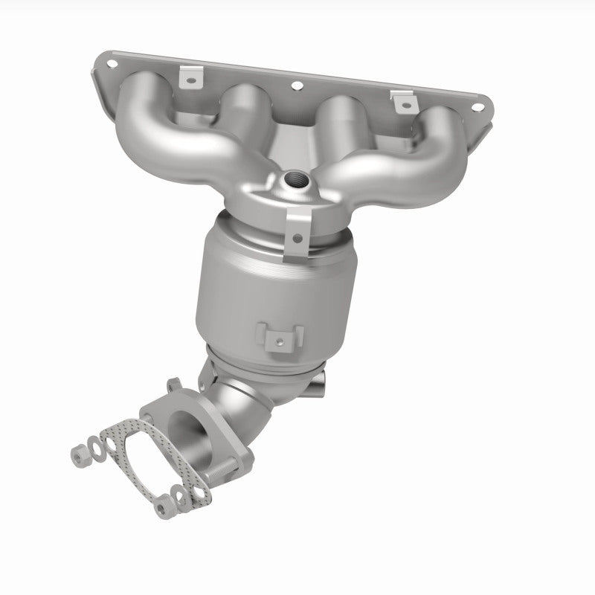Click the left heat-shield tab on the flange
coord(192,77)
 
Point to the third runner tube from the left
coord(338,123)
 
